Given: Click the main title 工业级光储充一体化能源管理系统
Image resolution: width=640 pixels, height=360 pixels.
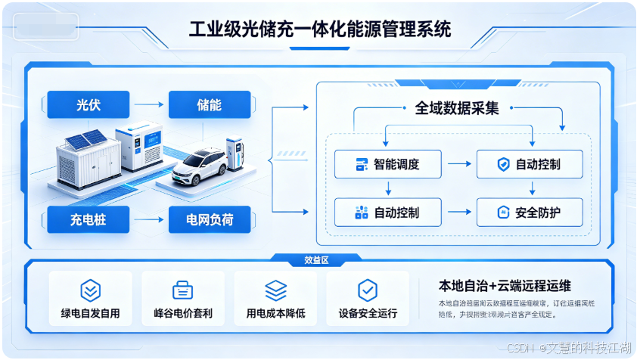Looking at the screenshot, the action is click(319, 30).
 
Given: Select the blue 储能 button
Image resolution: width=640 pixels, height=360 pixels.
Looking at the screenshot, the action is click(210, 105).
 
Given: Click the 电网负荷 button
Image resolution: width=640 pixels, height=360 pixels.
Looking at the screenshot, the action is click(210, 221).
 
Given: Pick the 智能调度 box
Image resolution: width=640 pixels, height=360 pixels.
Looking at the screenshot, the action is click(387, 164).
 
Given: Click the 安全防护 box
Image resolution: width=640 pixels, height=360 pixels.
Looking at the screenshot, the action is click(530, 213).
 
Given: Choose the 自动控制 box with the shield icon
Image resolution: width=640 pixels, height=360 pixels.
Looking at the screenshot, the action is click(530, 164).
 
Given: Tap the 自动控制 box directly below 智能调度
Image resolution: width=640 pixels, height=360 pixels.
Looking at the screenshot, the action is click(387, 213).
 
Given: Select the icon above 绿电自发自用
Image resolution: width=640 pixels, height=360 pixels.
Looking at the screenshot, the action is click(90, 290).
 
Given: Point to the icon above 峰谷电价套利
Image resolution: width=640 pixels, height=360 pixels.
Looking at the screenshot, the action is click(182, 290).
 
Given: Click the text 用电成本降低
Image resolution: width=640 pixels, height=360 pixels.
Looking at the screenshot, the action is click(275, 313).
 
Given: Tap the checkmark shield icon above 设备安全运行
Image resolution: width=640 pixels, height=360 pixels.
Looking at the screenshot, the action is click(368, 290).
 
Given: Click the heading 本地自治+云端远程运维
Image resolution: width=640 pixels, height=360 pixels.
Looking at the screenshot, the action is click(505, 286).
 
